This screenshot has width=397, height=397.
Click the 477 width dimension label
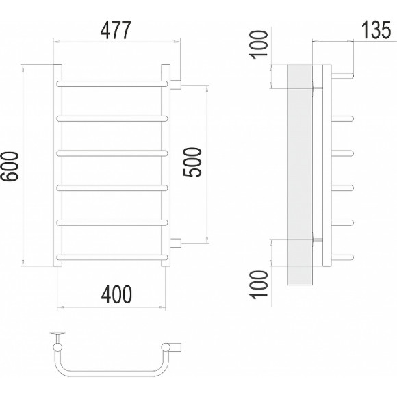(116, 30)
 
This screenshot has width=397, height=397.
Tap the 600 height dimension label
(10, 166)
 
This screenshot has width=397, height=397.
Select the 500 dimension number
(192, 162)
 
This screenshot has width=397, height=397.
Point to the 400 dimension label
(116, 294)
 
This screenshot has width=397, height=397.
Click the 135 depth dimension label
(376, 30)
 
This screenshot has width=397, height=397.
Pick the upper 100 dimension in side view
(259, 44)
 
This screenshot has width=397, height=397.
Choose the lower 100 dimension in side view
(259, 285)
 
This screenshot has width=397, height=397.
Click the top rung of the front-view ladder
(112, 84)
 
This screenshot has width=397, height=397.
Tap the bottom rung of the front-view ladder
(112, 257)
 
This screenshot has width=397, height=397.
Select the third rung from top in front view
(112, 153)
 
